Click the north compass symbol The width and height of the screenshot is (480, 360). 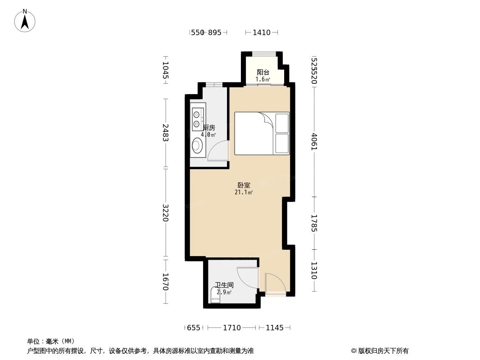pyautogui.click(x=25, y=20)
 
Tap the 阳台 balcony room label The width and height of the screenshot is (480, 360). pyautogui.click(x=263, y=72)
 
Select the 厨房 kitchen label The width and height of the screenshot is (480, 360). pyautogui.click(x=209, y=128)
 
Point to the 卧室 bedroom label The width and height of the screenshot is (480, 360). pyautogui.click(x=244, y=185)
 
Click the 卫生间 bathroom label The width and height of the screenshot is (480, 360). pyautogui.click(x=224, y=285)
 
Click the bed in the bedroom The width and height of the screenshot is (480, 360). pyautogui.click(x=262, y=134)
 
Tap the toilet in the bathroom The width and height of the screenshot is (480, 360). pyautogui.click(x=215, y=296)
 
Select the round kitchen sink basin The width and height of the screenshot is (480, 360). pyautogui.click(x=197, y=145)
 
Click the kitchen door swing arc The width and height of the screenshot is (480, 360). pyautogui.click(x=218, y=150)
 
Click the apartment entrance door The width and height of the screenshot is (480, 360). pyautogui.click(x=274, y=284)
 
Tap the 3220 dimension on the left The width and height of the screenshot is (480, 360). pyautogui.click(x=165, y=213)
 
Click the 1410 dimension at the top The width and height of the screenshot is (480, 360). pyautogui.click(x=262, y=32)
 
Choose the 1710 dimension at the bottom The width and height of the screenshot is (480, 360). pyautogui.click(x=232, y=328)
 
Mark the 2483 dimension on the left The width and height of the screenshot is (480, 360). pyautogui.click(x=165, y=133)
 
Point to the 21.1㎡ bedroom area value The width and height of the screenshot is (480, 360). pyautogui.click(x=244, y=192)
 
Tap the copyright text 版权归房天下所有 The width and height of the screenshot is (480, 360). pyautogui.click(x=380, y=351)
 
